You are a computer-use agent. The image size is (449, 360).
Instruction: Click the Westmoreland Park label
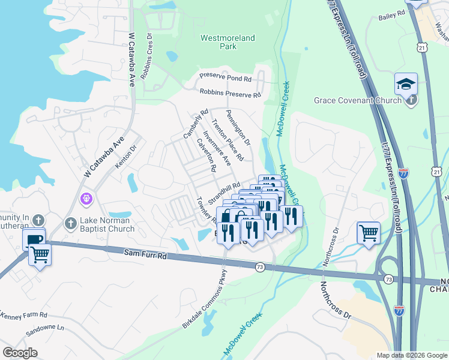pyautogui.click(x=228, y=42)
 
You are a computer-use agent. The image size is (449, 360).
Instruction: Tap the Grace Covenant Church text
pyautogui.click(x=357, y=100)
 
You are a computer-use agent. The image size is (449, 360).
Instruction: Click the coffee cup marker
pyautogui.click(x=34, y=239)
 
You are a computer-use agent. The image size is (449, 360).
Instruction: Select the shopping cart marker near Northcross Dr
pyautogui.click(x=369, y=232)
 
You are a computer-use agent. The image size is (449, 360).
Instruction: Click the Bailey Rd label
pyautogui.click(x=393, y=18)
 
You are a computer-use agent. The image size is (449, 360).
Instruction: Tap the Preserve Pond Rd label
pyautogui.click(x=226, y=79)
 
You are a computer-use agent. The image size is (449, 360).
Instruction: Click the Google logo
pyautogui.click(x=20, y=353)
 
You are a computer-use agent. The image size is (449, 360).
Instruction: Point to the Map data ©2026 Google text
pyautogui.click(x=411, y=355)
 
